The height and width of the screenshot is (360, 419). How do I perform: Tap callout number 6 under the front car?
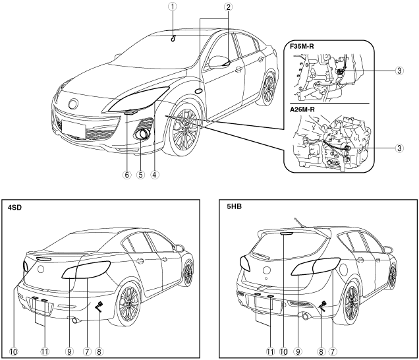pyautogui.click(x=125, y=175)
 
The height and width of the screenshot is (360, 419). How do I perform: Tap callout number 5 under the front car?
pyautogui.click(x=140, y=175)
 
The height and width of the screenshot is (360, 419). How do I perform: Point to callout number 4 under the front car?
pyautogui.click(x=154, y=175)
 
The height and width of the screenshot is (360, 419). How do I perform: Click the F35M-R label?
pyautogui.click(x=305, y=48)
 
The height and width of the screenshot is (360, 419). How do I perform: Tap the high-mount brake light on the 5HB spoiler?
pyautogui.click(x=283, y=233)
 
